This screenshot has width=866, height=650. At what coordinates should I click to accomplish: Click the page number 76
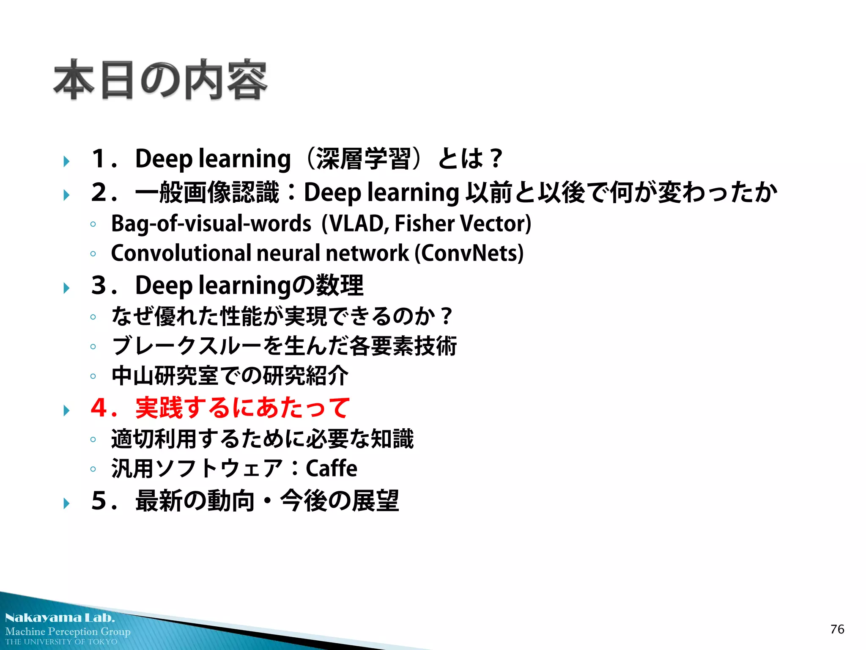tap(837, 629)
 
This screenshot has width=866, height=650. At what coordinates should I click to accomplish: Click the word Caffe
tap(331, 468)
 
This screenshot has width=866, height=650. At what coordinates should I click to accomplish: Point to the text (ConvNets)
tap(469, 253)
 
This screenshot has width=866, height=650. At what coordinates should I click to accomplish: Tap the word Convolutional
tap(181, 253)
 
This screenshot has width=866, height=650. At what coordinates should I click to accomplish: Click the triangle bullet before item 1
tap(66, 161)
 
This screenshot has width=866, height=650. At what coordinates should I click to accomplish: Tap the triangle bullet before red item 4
tap(66, 410)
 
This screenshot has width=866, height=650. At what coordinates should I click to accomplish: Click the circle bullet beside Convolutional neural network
tap(93, 254)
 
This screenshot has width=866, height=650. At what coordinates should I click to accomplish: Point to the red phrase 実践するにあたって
tap(242, 408)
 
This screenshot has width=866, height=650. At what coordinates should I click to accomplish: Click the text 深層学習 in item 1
tap(363, 159)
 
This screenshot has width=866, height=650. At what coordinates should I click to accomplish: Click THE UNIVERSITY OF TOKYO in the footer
tap(61, 642)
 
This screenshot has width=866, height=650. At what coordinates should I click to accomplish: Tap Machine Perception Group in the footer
tap(68, 631)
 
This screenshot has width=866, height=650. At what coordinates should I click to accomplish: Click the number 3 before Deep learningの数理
tap(99, 285)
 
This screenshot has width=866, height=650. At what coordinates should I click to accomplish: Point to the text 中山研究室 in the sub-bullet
tap(164, 376)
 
